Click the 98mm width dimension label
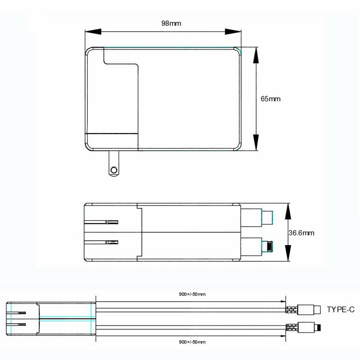tap(171, 23)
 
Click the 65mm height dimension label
tap(270, 99)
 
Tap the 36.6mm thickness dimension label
tap(301, 233)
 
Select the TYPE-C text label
tap(341, 310)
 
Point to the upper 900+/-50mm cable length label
tap(192, 294)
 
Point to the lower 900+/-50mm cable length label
tap(192, 342)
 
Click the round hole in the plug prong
tap(114, 170)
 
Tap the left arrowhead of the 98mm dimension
tap(93, 32)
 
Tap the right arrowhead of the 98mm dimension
tap(233, 32)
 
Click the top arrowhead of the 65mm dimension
tap(256, 55)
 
